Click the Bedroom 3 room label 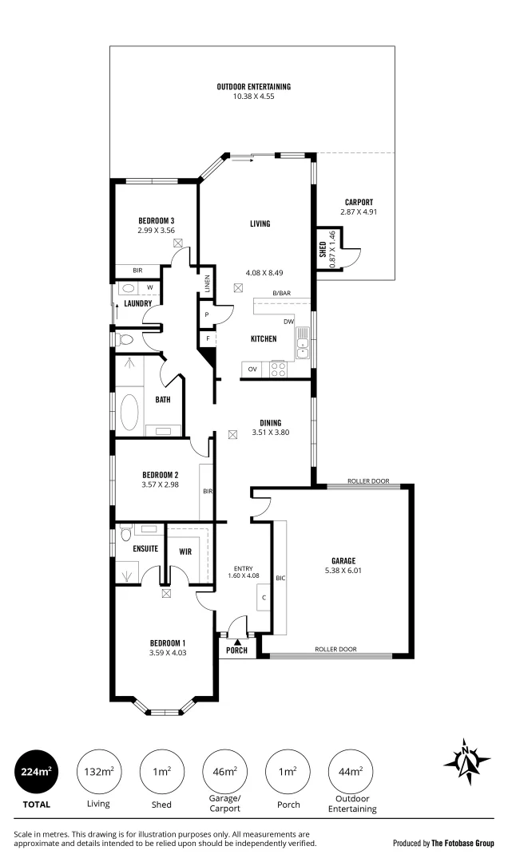click(x=156, y=220)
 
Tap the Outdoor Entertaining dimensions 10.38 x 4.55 click(x=253, y=97)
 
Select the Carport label click(x=359, y=202)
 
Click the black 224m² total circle click(x=36, y=771)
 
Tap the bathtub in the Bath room click(x=129, y=411)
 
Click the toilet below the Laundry click(x=125, y=339)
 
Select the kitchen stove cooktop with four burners click(x=279, y=369)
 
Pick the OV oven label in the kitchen click(x=252, y=369)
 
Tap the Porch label click(x=237, y=650)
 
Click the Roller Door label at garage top click(x=368, y=481)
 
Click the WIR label click(x=185, y=551)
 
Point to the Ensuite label click(x=145, y=548)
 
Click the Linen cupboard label click(x=207, y=284)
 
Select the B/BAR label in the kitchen click(x=281, y=294)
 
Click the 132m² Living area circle click(x=99, y=771)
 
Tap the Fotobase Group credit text click(x=443, y=842)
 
